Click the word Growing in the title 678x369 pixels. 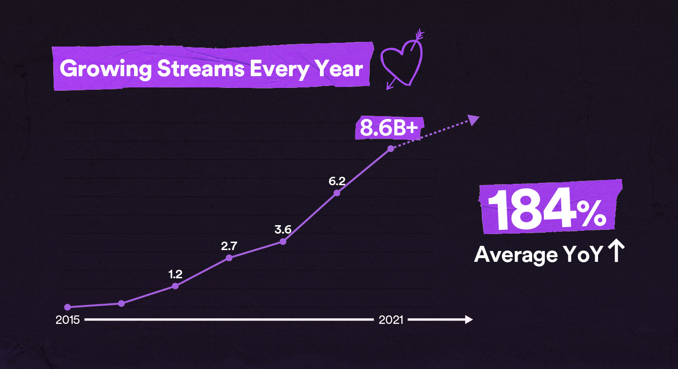tap(105, 69)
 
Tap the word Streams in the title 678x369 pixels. tap(201, 69)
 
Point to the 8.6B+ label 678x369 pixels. tap(389, 128)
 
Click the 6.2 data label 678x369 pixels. tap(337, 180)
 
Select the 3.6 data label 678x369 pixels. tap(283, 229)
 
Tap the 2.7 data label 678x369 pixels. tap(229, 245)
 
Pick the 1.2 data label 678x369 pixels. tap(175, 274)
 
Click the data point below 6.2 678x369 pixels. tap(337, 193)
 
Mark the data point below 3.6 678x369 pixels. tap(283, 242)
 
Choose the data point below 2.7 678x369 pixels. tap(229, 258)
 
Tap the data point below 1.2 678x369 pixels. tap(175, 286)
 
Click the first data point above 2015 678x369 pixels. tap(67, 307)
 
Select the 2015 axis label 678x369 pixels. tap(67, 320)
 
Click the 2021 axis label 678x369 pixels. tap(391, 320)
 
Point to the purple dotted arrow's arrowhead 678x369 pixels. tap(474, 119)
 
